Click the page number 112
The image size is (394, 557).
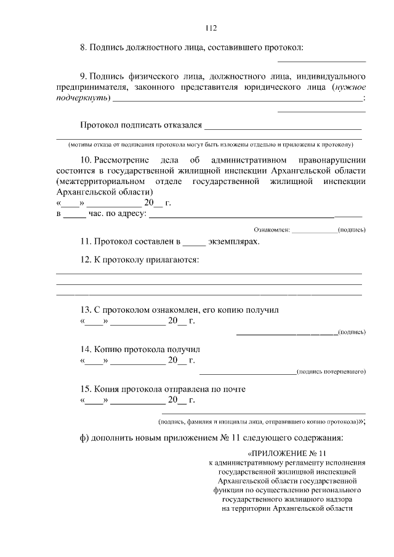click(210, 28)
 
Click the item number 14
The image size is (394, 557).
click(86, 349)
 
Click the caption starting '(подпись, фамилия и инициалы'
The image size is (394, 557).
click(259, 422)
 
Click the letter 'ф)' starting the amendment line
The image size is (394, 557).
click(84, 438)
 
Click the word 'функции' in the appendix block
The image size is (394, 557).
click(228, 491)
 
